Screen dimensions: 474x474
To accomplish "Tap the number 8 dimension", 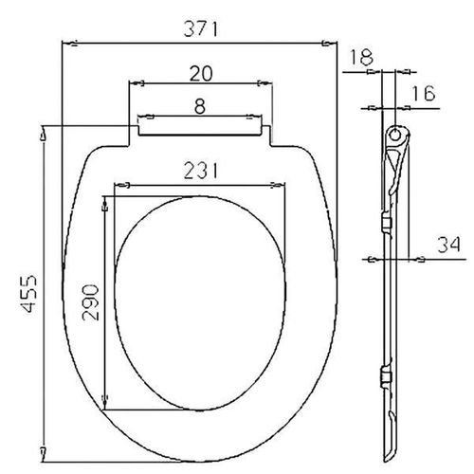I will [x=198, y=106].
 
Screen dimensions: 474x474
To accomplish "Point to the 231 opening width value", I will [x=200, y=171].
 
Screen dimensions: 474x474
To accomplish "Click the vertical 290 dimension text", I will [x=91, y=301].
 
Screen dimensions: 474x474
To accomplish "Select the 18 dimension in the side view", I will [x=360, y=58].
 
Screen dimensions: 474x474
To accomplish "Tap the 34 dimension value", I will [x=447, y=246].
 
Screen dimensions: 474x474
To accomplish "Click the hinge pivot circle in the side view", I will [x=394, y=131].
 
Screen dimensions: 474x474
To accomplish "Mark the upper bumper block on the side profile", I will [x=384, y=224].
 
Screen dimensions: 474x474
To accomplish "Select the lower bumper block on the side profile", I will [x=384, y=377].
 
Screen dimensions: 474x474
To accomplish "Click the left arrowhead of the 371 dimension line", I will [x=64, y=42].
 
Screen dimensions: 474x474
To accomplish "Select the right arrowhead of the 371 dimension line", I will [x=332, y=42].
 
